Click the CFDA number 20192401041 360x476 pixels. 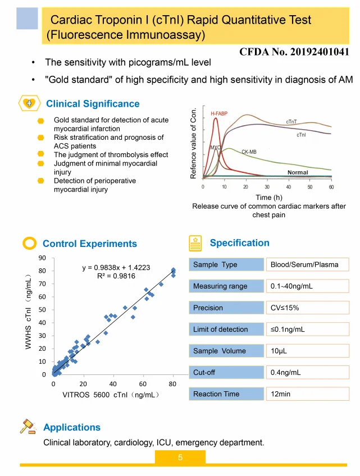pyautogui.click(x=294, y=52)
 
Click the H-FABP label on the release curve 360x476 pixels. pyautogui.click(x=219, y=114)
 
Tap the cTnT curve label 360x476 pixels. pyautogui.click(x=291, y=122)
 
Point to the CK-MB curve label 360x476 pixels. pyautogui.click(x=249, y=152)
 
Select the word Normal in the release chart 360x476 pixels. pyautogui.click(x=298, y=172)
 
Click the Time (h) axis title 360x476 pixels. pyautogui.click(x=268, y=198)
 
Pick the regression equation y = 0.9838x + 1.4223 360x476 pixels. pyautogui.click(x=116, y=267)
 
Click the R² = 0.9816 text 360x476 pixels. pyautogui.click(x=116, y=276)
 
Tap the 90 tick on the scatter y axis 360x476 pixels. pyautogui.click(x=42, y=258)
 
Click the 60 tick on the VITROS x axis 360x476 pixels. pyautogui.click(x=143, y=384)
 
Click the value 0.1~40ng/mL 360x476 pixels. pyautogui.click(x=291, y=286)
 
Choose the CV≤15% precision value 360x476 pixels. pyautogui.click(x=285, y=308)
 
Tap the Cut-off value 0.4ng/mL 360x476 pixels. pyautogui.click(x=286, y=372)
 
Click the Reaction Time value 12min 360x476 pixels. pyautogui.click(x=281, y=394)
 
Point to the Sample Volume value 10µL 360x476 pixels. pyautogui.click(x=280, y=351)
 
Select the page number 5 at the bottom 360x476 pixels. pyautogui.click(x=180, y=457)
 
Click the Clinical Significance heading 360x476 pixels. pyautogui.click(x=93, y=104)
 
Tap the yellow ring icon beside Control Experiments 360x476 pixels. pyautogui.click(x=29, y=243)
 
